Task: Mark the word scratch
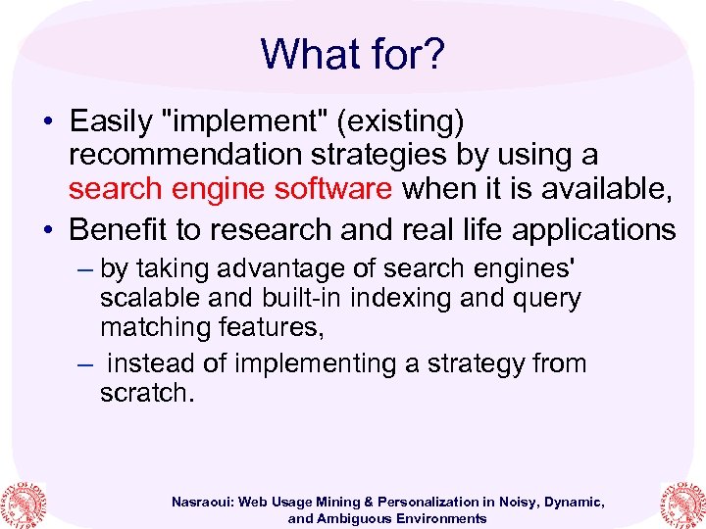click(144, 393)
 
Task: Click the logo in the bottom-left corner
click(24, 501)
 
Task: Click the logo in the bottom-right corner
click(682, 501)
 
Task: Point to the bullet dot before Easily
click(47, 122)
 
